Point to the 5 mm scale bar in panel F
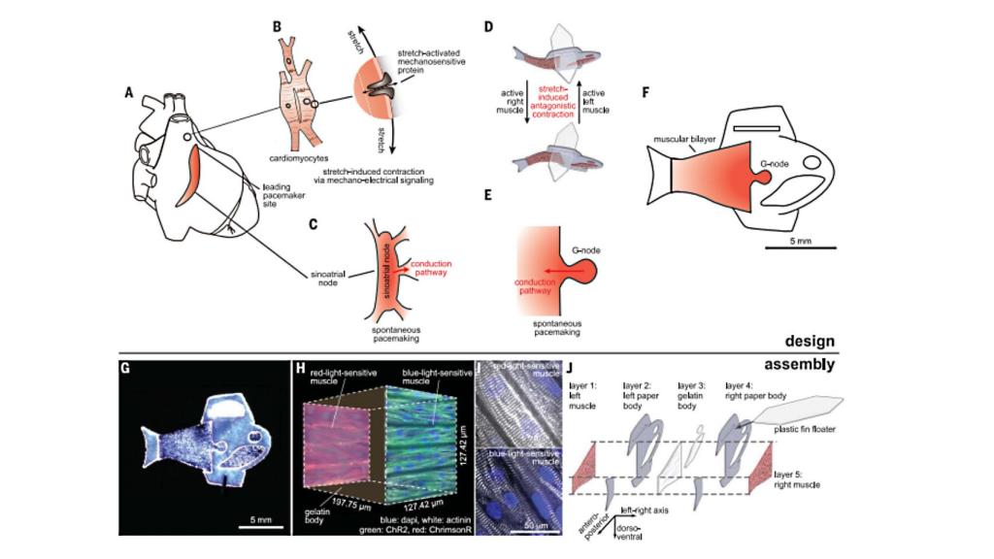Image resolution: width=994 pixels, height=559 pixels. pos(800,248)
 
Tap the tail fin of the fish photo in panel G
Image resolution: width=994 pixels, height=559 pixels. pos(154,449)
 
